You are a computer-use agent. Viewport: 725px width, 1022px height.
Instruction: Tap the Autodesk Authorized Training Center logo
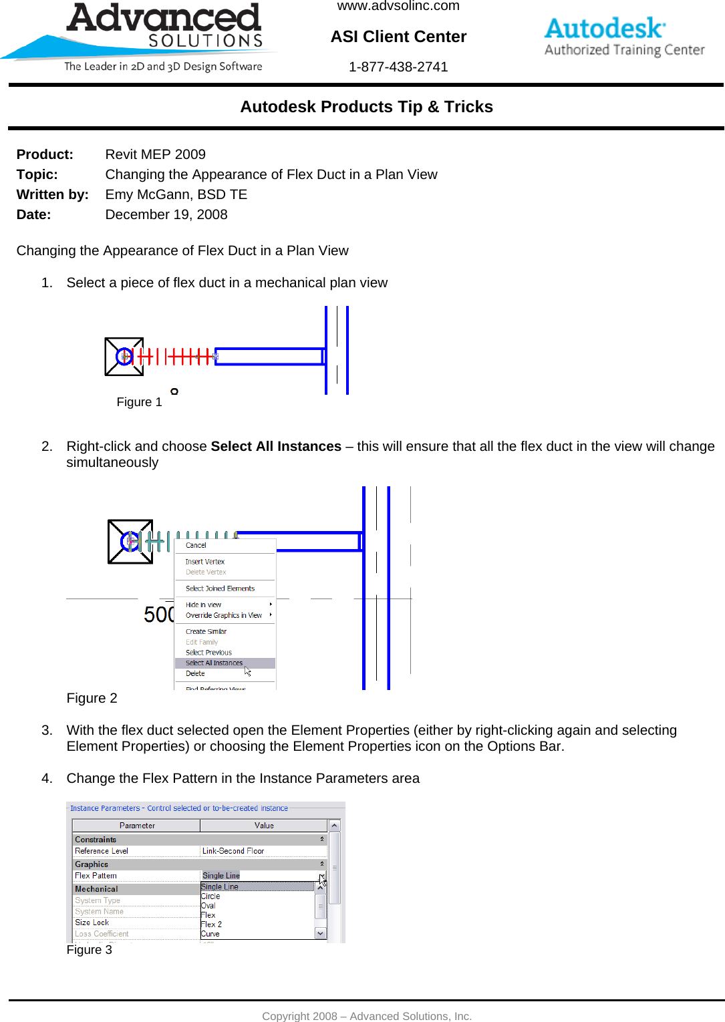[624, 37]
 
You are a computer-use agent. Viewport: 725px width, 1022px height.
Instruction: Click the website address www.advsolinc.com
[398, 6]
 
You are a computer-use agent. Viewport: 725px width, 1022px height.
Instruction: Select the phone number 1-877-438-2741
[398, 67]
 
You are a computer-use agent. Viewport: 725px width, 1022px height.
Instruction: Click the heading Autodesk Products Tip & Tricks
[366, 107]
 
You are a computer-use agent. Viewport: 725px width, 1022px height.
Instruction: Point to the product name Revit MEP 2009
[155, 154]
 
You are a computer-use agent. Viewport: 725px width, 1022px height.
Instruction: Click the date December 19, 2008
[166, 214]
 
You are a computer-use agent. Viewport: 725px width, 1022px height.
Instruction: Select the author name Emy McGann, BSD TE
[176, 194]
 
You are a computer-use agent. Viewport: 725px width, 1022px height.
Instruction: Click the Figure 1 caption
[139, 402]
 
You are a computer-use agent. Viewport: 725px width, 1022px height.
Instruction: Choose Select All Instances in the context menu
[214, 663]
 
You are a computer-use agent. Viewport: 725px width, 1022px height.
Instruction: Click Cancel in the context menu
[196, 546]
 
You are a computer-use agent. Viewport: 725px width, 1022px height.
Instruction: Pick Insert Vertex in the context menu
[205, 562]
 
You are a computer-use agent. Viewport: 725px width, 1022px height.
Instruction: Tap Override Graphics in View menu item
[224, 615]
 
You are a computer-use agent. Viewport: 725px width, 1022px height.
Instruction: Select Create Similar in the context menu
[206, 631]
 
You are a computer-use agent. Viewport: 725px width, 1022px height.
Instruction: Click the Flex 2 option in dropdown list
[212, 924]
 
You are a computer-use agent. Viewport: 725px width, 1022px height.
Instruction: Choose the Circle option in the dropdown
[210, 896]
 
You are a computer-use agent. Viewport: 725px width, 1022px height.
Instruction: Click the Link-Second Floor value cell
[233, 851]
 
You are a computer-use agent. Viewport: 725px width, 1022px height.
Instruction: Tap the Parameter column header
[137, 826]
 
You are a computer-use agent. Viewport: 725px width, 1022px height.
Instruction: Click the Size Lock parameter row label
[92, 922]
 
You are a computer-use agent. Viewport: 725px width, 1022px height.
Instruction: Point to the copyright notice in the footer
[367, 1016]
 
